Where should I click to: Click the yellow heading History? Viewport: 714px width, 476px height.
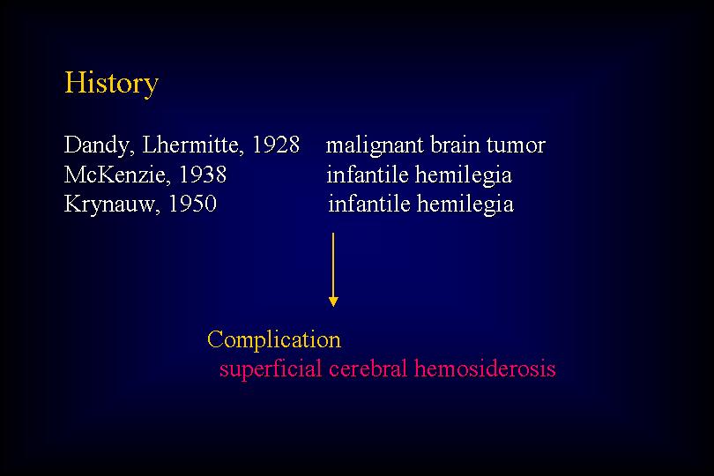111,84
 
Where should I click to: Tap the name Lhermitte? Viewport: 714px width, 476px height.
193,145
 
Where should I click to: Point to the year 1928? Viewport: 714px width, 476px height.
276,145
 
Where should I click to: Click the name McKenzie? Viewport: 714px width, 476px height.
117,175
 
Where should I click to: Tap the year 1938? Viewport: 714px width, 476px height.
203,175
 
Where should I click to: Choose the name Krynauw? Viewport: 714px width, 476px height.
112,205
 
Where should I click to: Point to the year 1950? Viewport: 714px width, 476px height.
193,204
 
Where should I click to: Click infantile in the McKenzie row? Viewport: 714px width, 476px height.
368,175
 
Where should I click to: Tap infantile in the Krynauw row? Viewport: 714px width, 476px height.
369,204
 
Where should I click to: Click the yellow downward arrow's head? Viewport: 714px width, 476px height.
333,301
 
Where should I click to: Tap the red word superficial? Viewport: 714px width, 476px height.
271,369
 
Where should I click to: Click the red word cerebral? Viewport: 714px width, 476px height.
368,368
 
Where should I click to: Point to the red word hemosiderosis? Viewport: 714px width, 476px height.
485,368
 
